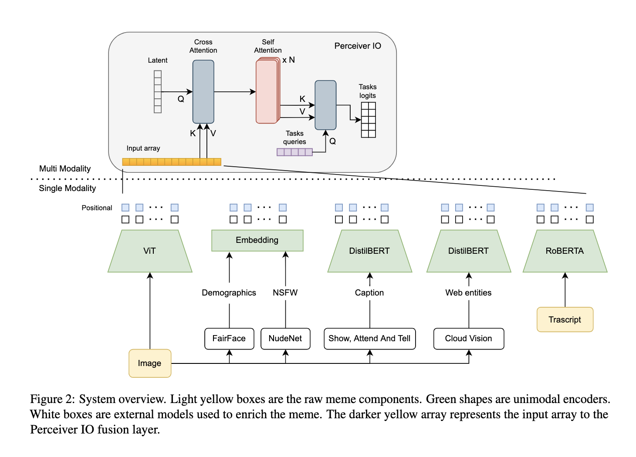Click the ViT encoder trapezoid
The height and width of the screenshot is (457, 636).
point(149,251)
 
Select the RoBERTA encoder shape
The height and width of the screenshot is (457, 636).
point(565,251)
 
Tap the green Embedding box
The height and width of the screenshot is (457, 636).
point(257,240)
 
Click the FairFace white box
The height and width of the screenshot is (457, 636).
point(229,339)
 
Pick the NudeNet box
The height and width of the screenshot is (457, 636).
point(285,339)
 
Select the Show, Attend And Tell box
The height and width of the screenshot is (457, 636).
point(369,339)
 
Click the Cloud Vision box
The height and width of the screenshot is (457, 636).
point(468,339)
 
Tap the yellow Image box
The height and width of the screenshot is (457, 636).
point(149,363)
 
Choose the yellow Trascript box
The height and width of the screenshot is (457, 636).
point(565,320)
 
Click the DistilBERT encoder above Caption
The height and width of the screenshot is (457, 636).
point(369,251)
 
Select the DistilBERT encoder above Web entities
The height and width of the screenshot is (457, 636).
point(468,251)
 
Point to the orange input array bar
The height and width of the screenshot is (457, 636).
point(172,162)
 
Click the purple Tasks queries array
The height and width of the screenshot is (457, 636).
point(294,152)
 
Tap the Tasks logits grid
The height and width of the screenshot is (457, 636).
point(368,120)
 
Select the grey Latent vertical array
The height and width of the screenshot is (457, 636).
point(158,92)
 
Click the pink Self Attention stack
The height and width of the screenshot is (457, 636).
point(267,91)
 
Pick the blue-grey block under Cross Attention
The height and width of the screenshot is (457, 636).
point(203,92)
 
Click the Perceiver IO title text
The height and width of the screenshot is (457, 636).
point(358,46)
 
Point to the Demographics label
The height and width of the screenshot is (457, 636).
point(229,293)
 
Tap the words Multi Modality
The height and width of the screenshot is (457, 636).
point(65,169)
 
